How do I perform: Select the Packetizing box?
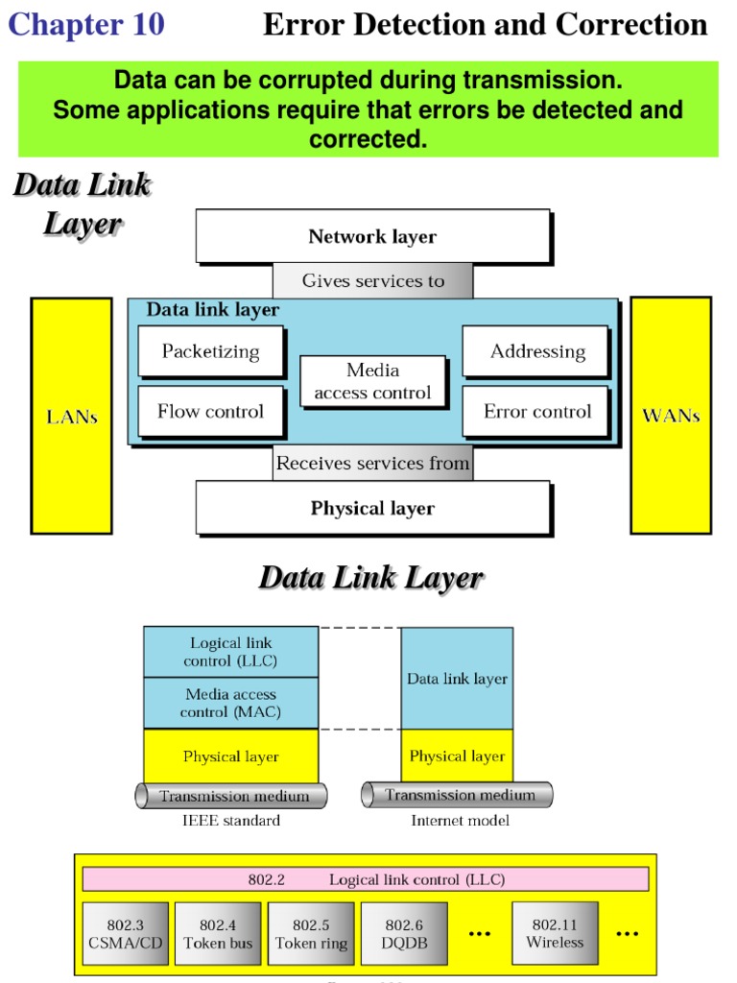210,351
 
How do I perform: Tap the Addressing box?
536,351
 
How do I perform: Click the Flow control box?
210,412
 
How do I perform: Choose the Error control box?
536,412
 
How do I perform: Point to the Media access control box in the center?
372,382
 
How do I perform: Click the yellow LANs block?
72,416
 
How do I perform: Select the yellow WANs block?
670,416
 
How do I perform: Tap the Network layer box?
372,236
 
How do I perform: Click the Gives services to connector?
372,281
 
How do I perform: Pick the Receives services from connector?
372,464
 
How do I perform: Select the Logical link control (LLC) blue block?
230,652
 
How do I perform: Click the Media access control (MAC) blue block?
230,703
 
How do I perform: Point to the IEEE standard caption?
231,821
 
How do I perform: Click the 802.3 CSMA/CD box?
125,933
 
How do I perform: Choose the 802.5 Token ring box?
311,933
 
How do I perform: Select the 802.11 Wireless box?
555,933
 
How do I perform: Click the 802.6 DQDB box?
404,933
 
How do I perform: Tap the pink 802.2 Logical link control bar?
365,879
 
